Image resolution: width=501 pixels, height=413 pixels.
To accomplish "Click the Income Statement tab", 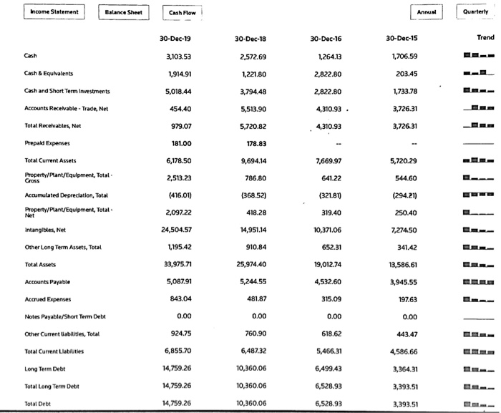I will (54, 12).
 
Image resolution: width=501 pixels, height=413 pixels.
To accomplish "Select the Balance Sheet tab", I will (123, 12).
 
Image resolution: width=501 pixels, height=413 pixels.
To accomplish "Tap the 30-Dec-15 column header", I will (402, 38).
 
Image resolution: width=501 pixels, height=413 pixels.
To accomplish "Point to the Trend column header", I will (485, 38).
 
